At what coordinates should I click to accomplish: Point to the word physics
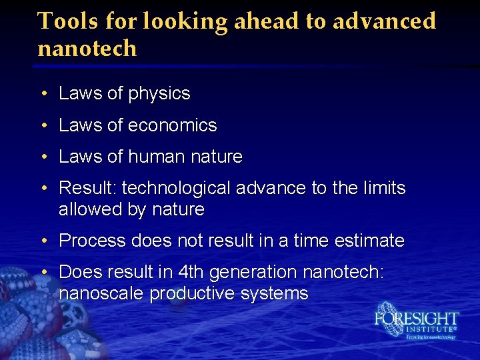click(x=160, y=94)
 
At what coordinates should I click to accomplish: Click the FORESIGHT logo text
click(x=417, y=318)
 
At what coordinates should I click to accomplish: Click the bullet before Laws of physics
click(x=43, y=94)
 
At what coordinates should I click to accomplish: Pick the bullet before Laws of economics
click(x=43, y=126)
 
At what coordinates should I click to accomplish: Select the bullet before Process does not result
click(x=43, y=241)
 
